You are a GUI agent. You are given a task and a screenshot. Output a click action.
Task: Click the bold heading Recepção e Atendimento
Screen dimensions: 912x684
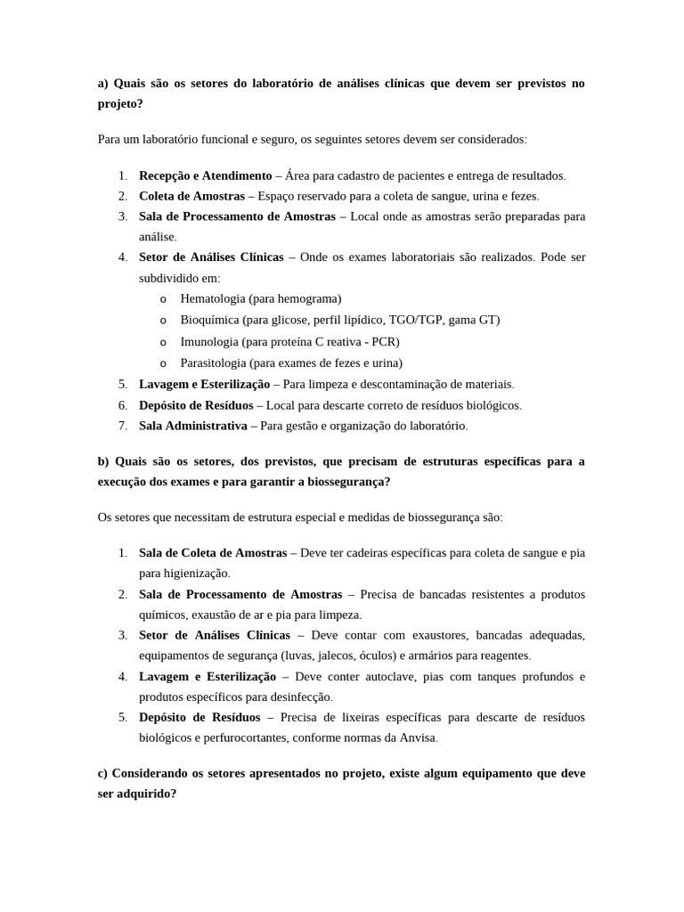tap(205, 175)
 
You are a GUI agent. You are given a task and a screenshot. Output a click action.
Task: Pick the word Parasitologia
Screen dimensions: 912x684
tap(213, 363)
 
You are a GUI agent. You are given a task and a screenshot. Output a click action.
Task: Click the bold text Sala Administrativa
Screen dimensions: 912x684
tap(192, 426)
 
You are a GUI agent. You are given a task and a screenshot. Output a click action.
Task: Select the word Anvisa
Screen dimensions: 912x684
tap(419, 738)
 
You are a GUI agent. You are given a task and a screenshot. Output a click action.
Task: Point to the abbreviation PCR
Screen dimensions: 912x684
tap(383, 342)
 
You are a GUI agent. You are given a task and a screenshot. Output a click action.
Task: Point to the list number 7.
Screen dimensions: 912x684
tap(123, 426)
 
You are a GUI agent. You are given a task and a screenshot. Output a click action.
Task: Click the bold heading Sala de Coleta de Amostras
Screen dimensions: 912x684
tap(213, 553)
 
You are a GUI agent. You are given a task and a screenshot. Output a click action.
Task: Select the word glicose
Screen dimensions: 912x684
tap(289, 321)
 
